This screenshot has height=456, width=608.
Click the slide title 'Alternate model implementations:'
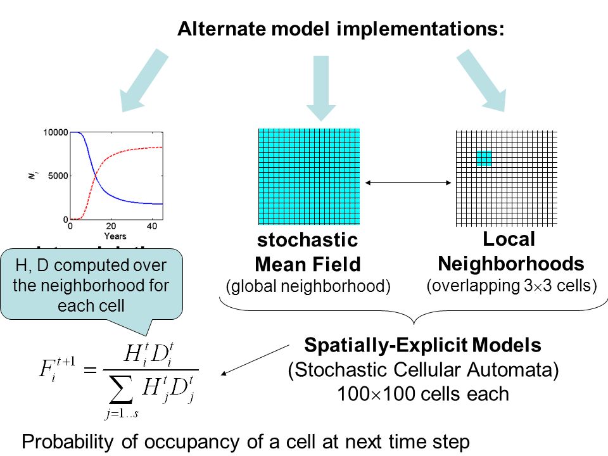pyautogui.click(x=341, y=29)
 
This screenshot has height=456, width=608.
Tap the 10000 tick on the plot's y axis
pyautogui.click(x=56, y=132)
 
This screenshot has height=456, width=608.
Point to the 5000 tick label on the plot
pyautogui.click(x=58, y=175)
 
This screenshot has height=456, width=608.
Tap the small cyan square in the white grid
pyautogui.click(x=484, y=158)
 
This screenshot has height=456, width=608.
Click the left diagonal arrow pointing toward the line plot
pyautogui.click(x=144, y=81)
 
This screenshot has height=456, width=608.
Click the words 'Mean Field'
pyautogui.click(x=307, y=263)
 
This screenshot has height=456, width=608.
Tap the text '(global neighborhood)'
pyautogui.click(x=307, y=286)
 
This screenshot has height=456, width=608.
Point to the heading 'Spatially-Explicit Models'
pyautogui.click(x=423, y=345)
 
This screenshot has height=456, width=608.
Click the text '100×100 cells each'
pyautogui.click(x=423, y=393)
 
